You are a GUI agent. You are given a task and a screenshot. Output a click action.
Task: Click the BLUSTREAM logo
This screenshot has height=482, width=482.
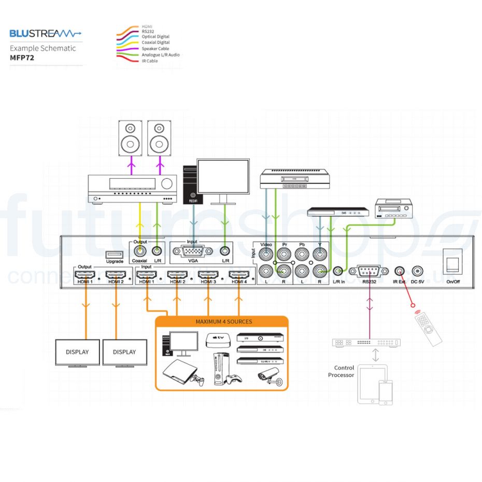coord(46,34)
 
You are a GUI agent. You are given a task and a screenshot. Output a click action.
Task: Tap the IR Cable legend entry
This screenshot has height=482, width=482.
coord(150,61)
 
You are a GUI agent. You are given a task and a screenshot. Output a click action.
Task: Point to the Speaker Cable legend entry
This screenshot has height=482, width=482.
coord(155,49)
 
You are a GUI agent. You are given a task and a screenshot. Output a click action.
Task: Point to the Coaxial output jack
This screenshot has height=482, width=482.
coord(139,251)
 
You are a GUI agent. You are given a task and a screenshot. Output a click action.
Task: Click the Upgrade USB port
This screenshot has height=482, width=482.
coord(115,254)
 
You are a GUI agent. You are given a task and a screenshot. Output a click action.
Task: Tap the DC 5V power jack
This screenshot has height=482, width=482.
coord(417,271)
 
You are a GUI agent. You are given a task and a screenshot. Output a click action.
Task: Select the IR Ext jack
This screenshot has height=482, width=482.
coord(399,271)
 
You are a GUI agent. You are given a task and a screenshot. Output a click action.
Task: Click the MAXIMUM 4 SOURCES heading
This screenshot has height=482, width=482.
coord(223,321)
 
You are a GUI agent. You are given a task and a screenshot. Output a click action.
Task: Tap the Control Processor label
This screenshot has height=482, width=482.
coord(341,371)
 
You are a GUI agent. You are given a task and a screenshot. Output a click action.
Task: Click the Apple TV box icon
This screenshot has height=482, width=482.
coord(217,341)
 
